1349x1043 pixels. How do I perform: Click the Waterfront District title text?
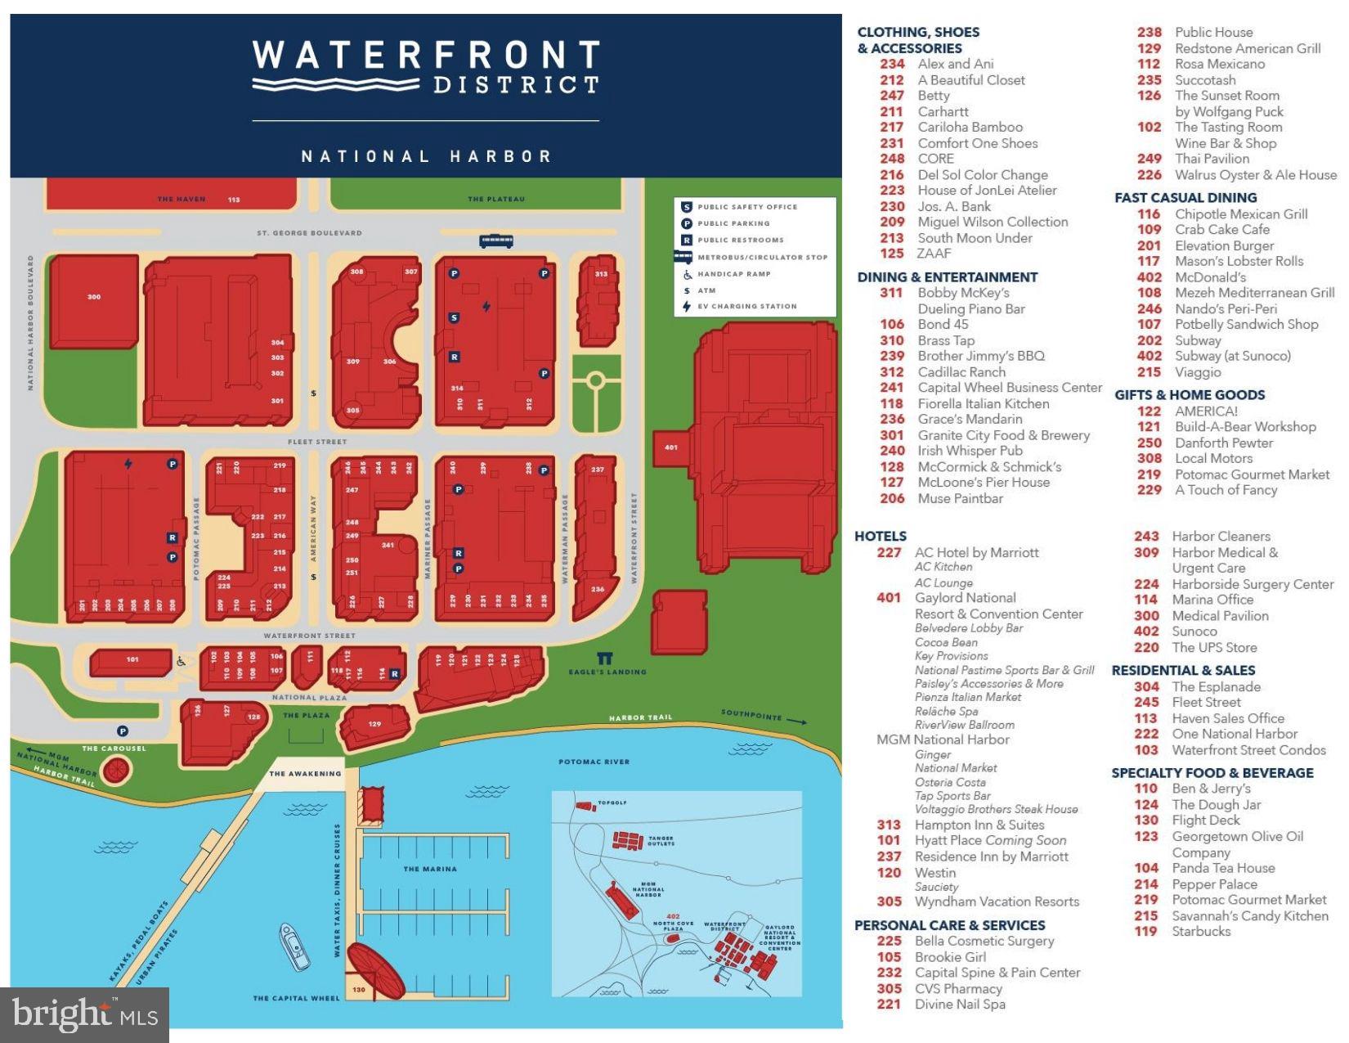426,67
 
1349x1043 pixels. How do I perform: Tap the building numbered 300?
94,298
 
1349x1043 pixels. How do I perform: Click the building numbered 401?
671,447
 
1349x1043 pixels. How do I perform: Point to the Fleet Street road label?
317,442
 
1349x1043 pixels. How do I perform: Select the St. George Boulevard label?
309,233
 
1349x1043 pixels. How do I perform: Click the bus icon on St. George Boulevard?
496,241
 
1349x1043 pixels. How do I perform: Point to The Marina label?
430,869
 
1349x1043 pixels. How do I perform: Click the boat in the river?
294,946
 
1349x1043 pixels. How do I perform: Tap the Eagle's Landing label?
607,672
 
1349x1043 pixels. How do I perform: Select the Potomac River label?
594,762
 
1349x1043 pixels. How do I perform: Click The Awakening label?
305,773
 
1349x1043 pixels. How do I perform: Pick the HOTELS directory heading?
881,536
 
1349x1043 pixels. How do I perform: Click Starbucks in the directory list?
1200,931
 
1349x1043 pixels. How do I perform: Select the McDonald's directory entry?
1210,276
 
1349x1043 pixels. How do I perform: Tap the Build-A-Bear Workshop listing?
1244,426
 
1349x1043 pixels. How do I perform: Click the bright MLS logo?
84,1014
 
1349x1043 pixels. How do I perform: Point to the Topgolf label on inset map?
612,802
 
